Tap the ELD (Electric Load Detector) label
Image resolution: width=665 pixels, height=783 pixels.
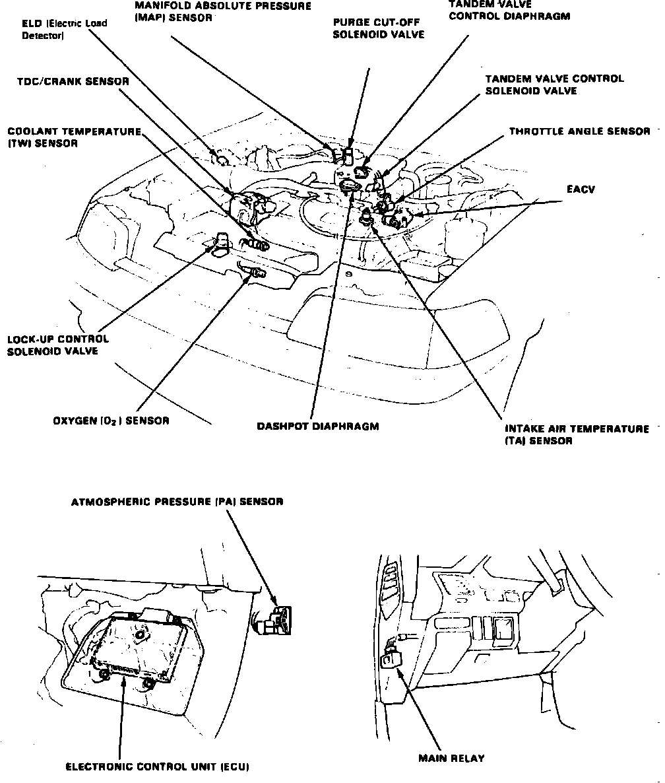tap(63, 30)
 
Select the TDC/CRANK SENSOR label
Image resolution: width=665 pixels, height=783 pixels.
tap(73, 82)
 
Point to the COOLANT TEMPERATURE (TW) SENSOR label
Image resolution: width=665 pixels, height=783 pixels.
tap(74, 137)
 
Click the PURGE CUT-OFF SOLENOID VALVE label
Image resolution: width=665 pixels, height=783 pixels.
tap(378, 28)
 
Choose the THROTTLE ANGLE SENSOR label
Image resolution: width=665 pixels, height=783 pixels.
tap(579, 131)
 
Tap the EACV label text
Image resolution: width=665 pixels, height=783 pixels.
tap(581, 189)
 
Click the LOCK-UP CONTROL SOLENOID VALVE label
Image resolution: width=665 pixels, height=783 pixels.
tap(58, 345)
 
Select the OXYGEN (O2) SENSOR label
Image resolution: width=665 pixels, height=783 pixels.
tap(111, 421)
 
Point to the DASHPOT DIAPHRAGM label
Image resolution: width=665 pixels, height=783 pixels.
tap(318, 426)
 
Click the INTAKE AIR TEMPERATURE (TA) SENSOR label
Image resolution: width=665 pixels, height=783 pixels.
tap(576, 434)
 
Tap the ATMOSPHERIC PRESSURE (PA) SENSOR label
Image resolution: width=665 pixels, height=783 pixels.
tap(177, 502)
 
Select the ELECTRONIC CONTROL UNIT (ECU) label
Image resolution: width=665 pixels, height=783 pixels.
tap(157, 766)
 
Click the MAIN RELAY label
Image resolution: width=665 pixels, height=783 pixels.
tap(451, 758)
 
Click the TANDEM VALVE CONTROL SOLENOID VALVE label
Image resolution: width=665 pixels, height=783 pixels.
tap(554, 85)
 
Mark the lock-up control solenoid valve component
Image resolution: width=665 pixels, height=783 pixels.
tap(220, 242)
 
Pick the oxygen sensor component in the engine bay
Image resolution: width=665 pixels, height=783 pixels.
tap(253, 271)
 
